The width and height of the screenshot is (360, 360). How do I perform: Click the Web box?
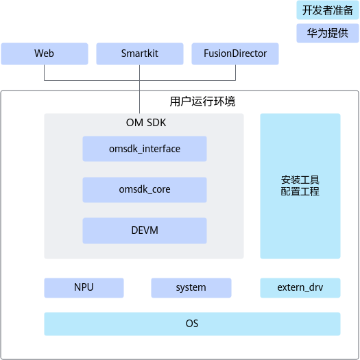pos(45,53)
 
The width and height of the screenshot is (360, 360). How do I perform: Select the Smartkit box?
pos(140,53)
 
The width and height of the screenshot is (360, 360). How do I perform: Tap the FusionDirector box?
pos(235,53)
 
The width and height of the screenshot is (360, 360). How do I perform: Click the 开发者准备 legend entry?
pos(328,10)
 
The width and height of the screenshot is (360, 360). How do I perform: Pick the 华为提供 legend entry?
pos(328,33)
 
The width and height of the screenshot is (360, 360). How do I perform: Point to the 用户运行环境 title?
pos(202,101)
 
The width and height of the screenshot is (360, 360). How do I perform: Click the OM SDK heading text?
pos(146,123)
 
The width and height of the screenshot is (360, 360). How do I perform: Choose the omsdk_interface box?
pos(145,149)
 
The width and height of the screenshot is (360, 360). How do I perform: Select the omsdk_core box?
pos(145,190)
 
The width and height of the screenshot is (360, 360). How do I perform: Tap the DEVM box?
pos(145,230)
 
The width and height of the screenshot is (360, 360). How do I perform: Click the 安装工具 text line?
pos(300,180)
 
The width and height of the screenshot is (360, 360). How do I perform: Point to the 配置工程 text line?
pos(300,191)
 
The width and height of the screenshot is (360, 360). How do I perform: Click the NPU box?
pos(84,288)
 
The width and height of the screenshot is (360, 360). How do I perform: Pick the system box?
pos(191,288)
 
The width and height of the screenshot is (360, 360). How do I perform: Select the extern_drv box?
pos(300,288)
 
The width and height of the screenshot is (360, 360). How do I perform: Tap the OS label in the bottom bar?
pos(192,324)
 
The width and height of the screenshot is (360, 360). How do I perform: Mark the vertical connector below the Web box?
pos(45,73)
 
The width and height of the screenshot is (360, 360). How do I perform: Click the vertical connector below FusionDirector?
pos(236,73)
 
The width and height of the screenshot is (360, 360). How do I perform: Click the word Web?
pos(44,53)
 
